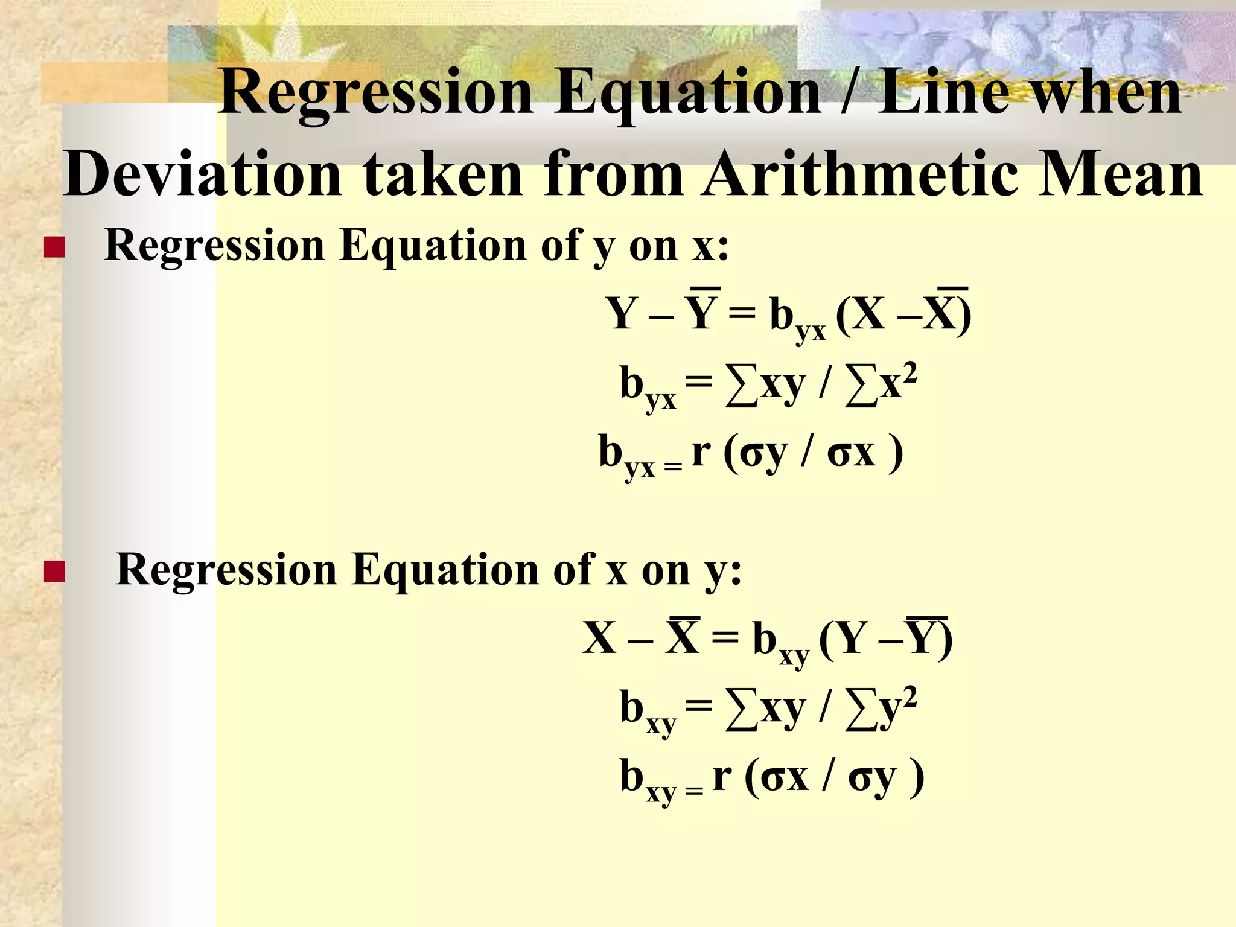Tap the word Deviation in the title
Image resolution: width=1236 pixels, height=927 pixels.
(202, 175)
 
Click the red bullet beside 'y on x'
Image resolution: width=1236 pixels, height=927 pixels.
(54, 248)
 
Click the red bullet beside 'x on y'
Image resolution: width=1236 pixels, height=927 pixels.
(54, 572)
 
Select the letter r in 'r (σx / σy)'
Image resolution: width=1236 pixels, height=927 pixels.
(722, 776)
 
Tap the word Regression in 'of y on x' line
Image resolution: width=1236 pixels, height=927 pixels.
(215, 246)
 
